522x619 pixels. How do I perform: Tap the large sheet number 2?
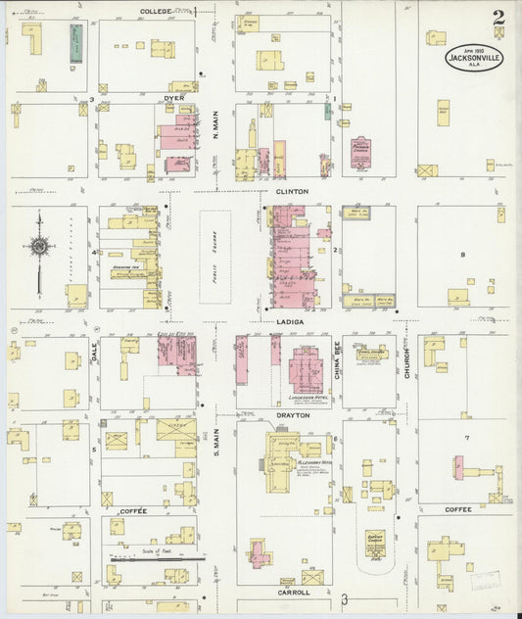(499, 17)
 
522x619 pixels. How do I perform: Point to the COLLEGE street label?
(155, 11)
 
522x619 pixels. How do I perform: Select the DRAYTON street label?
(294, 415)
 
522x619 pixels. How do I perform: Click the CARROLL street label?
(294, 593)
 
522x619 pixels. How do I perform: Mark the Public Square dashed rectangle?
(215, 258)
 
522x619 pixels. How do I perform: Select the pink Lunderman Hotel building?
(306, 371)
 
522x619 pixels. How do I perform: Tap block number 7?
(467, 437)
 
